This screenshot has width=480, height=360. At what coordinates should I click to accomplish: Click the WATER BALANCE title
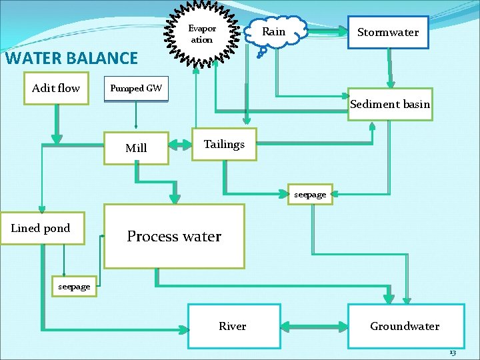pyautogui.click(x=71, y=58)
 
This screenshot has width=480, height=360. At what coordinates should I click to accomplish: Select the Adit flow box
pyautogui.click(x=56, y=88)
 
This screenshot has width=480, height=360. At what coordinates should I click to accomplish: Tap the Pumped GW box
pyautogui.click(x=136, y=88)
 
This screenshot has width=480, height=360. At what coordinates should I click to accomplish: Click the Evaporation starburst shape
pyautogui.click(x=202, y=35)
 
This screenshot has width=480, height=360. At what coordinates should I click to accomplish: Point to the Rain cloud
pyautogui.click(x=274, y=32)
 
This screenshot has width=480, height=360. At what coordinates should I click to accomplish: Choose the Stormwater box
pyautogui.click(x=388, y=33)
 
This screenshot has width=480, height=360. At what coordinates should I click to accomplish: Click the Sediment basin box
pyautogui.click(x=390, y=104)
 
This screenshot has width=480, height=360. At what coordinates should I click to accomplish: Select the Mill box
pyautogui.click(x=136, y=148)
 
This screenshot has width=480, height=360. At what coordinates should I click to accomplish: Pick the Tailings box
pyautogui.click(x=224, y=144)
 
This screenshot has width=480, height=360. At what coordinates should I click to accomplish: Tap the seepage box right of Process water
pyautogui.click(x=310, y=195)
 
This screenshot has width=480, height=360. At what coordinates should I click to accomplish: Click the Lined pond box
pyautogui.click(x=41, y=228)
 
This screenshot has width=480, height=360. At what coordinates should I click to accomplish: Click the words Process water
pyautogui.click(x=174, y=236)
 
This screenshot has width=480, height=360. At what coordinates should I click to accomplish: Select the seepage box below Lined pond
pyautogui.click(x=74, y=287)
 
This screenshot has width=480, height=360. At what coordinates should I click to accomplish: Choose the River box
pyautogui.click(x=233, y=326)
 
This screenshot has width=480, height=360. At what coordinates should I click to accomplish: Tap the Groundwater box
pyautogui.click(x=405, y=326)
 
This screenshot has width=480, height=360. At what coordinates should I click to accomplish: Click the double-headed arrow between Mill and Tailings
pyautogui.click(x=181, y=145)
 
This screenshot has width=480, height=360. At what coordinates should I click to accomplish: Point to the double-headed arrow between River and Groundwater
pyautogui.click(x=314, y=327)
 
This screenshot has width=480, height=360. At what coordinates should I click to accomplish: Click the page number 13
pyautogui.click(x=452, y=352)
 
